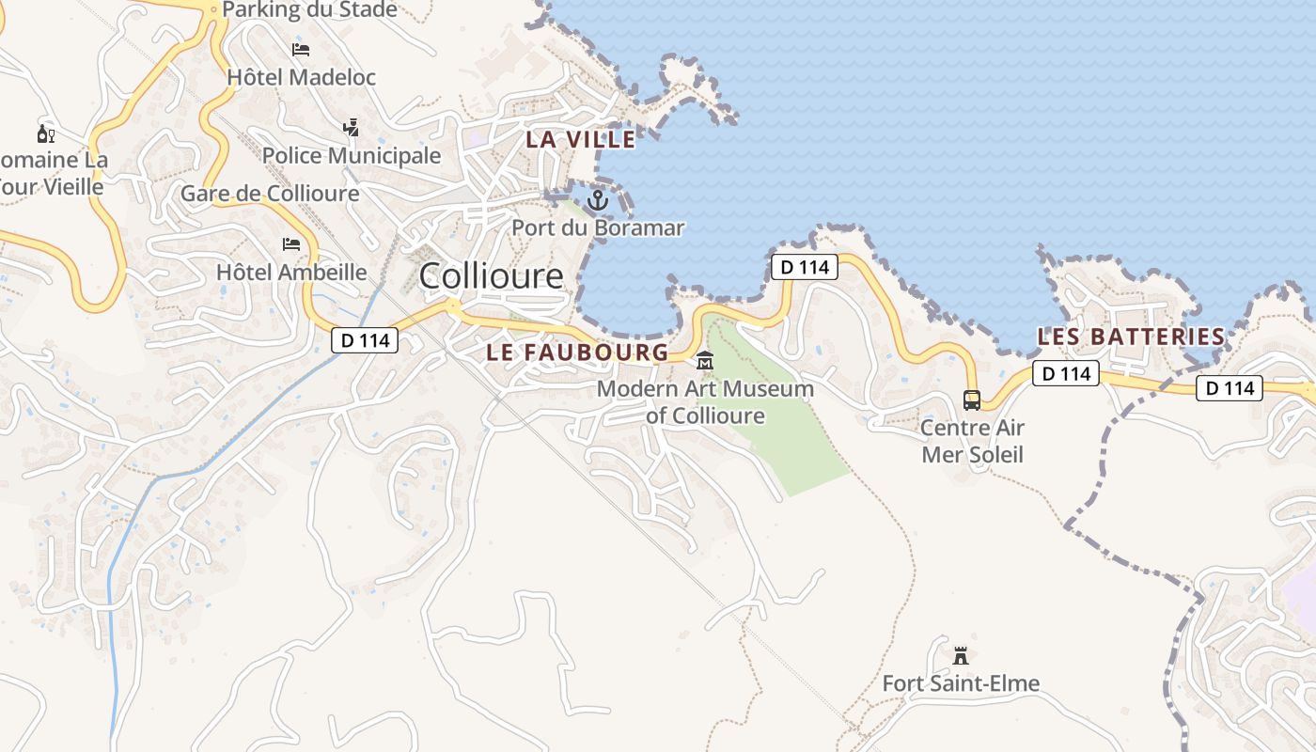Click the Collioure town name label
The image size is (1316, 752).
tap(491, 276)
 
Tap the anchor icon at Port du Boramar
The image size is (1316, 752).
tap(598, 200)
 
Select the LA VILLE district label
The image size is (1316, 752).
tap(580, 140)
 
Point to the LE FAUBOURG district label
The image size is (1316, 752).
tap(577, 352)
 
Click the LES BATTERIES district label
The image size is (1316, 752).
tap(1131, 337)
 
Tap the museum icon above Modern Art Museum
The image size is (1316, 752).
tap(705, 361)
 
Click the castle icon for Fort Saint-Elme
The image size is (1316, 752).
tap(960, 655)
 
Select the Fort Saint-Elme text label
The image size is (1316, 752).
tap(961, 683)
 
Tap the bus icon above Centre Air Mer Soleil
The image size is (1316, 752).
tap(972, 400)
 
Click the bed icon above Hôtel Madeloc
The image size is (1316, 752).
tap(301, 50)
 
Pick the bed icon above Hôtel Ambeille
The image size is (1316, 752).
tap(291, 245)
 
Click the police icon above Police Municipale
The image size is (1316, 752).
tap(351, 127)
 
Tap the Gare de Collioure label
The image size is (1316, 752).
tap(270, 194)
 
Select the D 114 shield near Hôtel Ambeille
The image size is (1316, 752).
tap(365, 340)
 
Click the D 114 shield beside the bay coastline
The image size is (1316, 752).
tap(805, 267)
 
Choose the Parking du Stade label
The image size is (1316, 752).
tap(309, 10)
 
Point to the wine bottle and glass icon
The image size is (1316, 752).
tap(45, 133)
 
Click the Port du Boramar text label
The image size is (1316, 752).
tap(598, 227)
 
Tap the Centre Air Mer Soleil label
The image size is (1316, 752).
tap(972, 442)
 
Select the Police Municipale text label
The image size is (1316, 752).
tap(352, 155)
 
